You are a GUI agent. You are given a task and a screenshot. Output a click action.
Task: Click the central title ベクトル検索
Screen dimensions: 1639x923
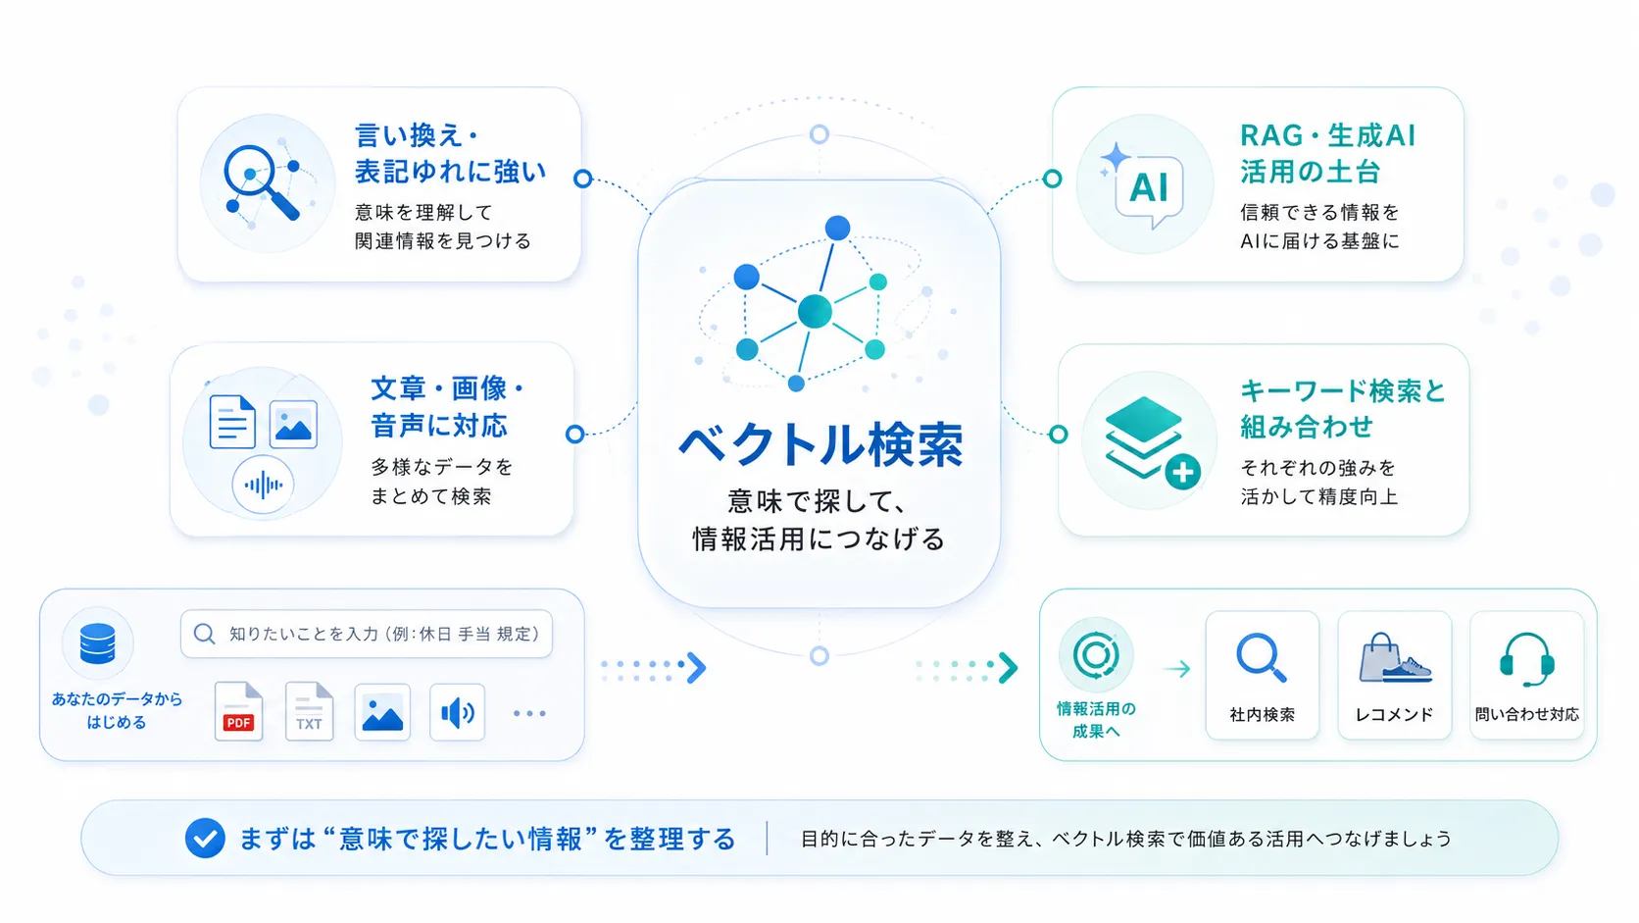(820, 444)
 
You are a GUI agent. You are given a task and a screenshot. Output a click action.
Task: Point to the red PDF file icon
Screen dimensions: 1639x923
(238, 711)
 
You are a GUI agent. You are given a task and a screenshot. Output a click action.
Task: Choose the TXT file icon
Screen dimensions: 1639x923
(309, 711)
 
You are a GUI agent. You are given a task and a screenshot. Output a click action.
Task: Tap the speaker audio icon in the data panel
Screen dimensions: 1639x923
(458, 712)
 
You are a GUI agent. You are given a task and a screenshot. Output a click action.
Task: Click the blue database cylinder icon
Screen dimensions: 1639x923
(97, 643)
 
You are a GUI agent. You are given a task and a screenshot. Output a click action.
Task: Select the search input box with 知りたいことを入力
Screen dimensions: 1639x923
(367, 634)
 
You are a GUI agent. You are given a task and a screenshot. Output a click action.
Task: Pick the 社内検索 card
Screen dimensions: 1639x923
(1263, 675)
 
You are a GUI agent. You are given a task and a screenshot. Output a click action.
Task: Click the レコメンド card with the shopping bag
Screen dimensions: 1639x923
(1395, 675)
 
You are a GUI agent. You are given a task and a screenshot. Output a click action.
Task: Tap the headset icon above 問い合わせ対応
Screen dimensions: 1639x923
(1526, 659)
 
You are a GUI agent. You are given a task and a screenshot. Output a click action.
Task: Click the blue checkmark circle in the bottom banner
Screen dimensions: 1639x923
(205, 838)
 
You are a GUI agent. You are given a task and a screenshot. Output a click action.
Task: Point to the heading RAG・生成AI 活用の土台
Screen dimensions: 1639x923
(1328, 154)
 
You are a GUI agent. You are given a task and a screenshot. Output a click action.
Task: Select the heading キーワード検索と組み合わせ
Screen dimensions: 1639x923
(1343, 408)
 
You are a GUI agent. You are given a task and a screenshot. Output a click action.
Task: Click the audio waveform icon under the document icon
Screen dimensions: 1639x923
(264, 485)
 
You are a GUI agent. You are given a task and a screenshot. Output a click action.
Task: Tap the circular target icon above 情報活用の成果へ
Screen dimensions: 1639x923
(1095, 654)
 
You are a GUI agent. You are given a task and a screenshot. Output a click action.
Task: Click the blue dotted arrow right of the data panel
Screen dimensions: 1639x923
(654, 667)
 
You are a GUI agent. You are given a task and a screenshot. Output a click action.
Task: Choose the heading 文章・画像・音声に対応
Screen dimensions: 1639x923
(448, 407)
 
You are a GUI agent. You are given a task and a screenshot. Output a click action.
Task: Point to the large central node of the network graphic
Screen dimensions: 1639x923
(815, 312)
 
